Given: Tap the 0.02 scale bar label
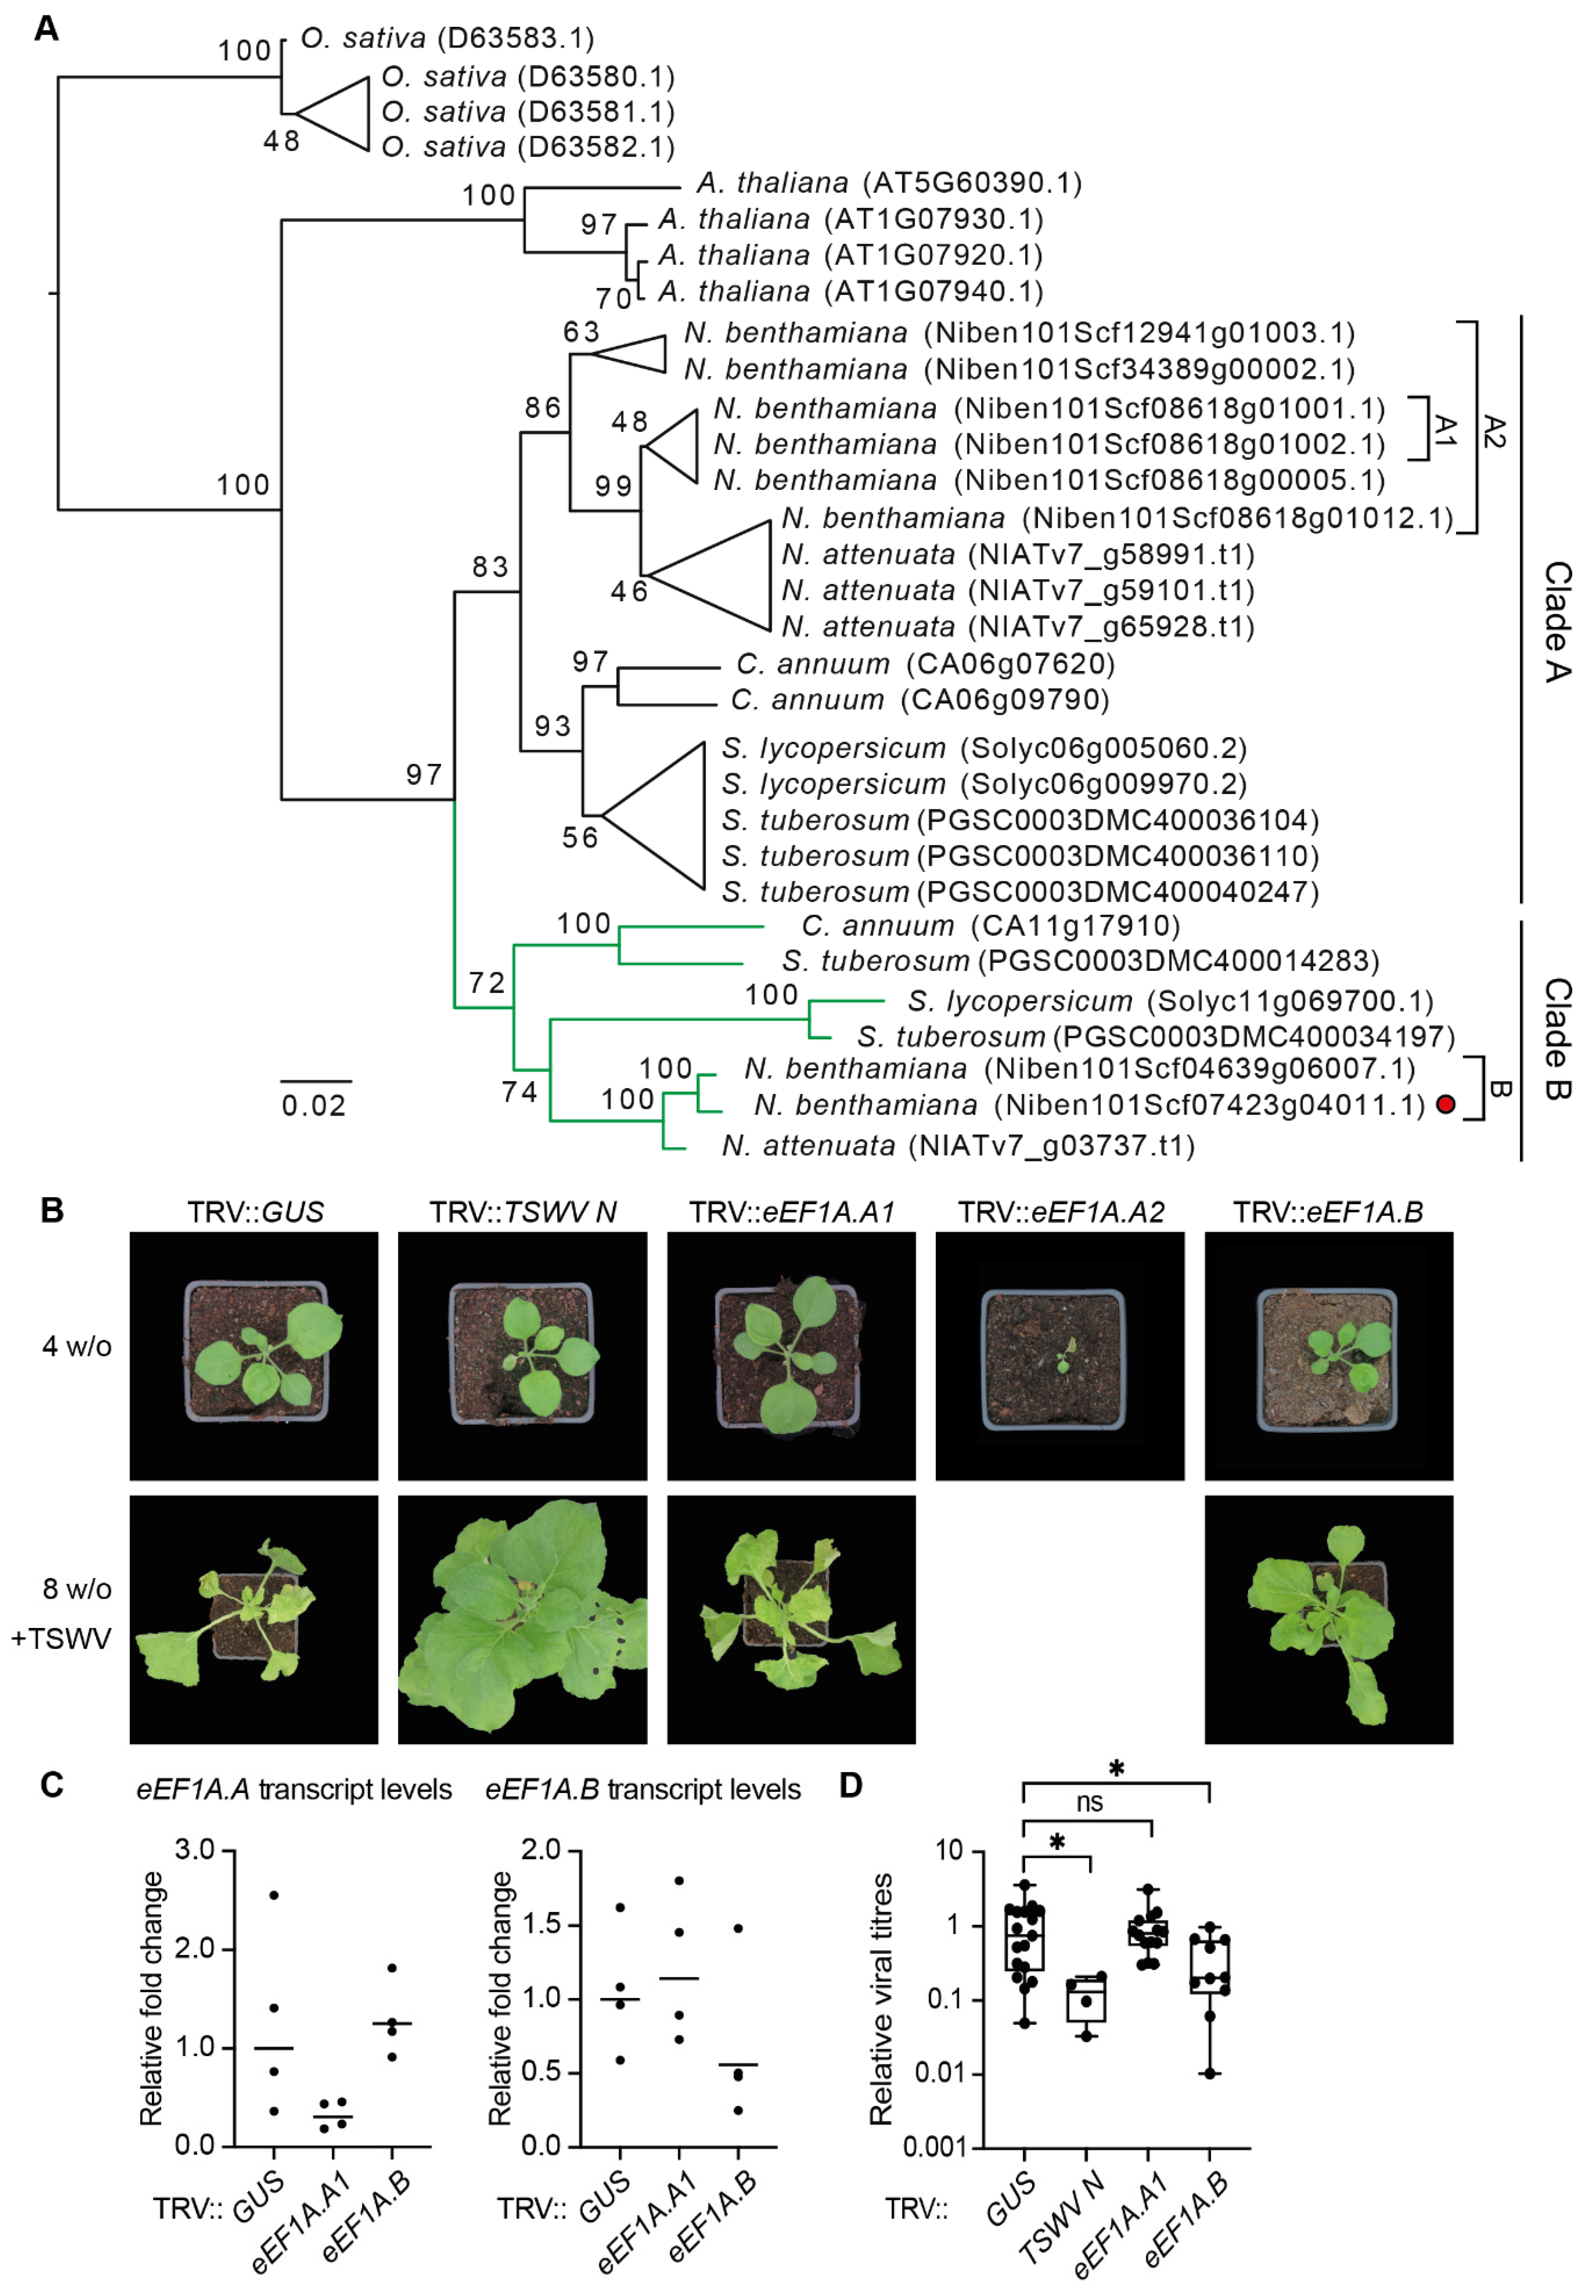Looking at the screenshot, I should point(314,1106).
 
